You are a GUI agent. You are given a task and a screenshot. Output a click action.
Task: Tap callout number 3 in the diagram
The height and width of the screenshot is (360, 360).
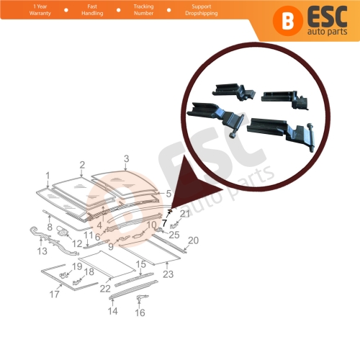(126, 158)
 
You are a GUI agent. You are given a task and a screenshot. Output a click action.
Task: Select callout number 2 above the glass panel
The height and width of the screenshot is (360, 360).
(82, 165)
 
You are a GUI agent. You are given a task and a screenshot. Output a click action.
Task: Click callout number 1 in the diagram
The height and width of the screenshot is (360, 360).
(48, 176)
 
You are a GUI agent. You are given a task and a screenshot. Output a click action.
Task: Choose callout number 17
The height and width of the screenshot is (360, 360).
(54, 294)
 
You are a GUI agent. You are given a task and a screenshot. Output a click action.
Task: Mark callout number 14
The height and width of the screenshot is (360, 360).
(112, 311)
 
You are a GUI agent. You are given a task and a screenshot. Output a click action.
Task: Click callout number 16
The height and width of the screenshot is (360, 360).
(140, 312)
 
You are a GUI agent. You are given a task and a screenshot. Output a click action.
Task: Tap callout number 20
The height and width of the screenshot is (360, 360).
(192, 240)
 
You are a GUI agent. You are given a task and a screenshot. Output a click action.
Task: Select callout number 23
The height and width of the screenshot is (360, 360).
(168, 274)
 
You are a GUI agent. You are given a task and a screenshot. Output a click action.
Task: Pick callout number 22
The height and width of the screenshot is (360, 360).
(106, 288)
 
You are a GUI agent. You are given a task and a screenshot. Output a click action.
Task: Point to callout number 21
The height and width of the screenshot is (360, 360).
(184, 213)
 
